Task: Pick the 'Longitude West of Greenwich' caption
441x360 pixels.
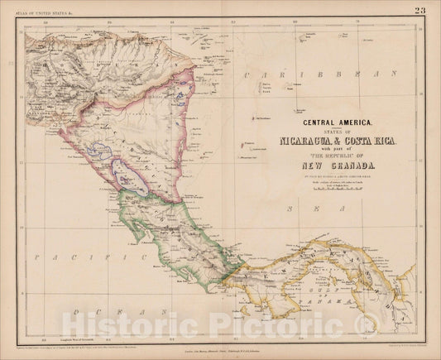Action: tap(74, 338)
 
